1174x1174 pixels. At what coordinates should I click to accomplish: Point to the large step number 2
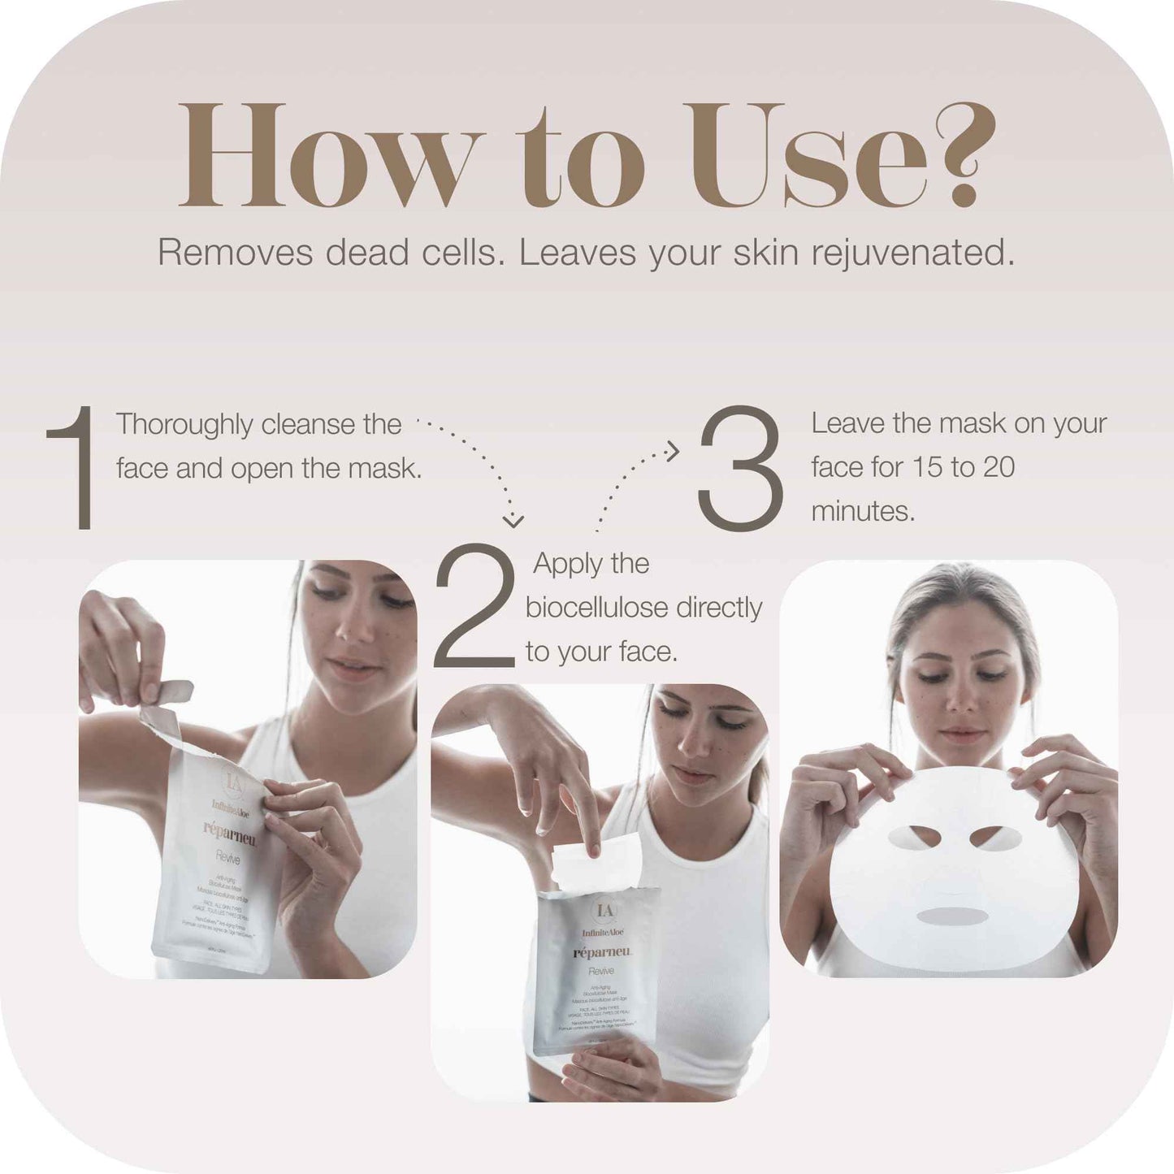475,607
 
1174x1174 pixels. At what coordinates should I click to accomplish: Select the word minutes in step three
862,511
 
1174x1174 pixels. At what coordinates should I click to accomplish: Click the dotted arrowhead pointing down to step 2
513,520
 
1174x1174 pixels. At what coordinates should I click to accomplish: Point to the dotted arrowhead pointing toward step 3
672,451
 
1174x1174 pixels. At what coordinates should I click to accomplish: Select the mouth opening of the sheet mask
951,916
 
